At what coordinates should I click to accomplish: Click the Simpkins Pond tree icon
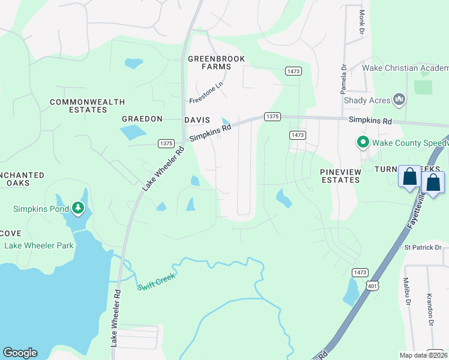tap(77, 208)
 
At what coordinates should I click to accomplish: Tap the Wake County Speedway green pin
tap(363, 143)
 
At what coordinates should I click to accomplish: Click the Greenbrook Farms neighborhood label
tap(216, 62)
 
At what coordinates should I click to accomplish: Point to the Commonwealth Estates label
tap(87, 106)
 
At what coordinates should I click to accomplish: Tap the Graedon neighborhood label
tap(142, 119)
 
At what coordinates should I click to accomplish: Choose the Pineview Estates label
tap(340, 176)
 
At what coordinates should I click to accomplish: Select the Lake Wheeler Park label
tap(39, 245)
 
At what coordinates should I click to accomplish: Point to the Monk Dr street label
tap(362, 21)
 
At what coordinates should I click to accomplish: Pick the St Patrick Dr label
tap(423, 247)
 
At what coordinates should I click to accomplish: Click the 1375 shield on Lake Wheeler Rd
tap(166, 143)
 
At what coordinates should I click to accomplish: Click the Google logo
tap(20, 352)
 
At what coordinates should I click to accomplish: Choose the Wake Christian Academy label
tap(405, 68)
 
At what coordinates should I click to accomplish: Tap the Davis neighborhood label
tap(197, 120)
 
